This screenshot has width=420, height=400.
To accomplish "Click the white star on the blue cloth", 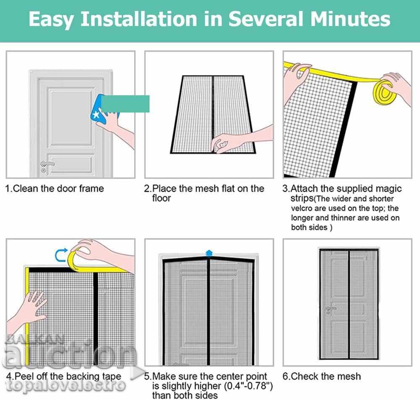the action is pyautogui.click(x=96, y=115).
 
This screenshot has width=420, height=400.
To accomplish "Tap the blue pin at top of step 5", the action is pyautogui.click(x=209, y=253).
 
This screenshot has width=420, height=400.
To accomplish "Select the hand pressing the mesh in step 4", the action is pyautogui.click(x=29, y=311).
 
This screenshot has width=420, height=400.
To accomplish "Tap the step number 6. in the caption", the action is pyautogui.click(x=286, y=376).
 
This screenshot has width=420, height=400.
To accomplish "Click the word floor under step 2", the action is pyautogui.click(x=162, y=199).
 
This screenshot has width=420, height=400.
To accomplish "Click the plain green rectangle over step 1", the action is pyautogui.click(x=125, y=104).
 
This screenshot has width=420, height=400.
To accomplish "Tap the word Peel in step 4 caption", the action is pyautogui.click(x=24, y=376).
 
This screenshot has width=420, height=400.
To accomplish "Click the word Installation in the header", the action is pyautogui.click(x=139, y=19).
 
